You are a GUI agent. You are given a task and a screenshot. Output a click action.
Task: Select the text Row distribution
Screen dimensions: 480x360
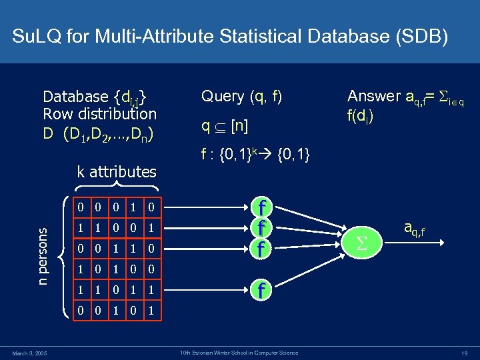(x=99, y=114)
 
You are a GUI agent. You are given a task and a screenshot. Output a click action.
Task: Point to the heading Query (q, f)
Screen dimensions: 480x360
(x=241, y=96)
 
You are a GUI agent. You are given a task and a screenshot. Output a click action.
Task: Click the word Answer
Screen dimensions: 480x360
(x=375, y=96)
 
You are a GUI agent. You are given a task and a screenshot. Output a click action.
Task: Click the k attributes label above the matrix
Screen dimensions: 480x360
(x=117, y=172)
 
